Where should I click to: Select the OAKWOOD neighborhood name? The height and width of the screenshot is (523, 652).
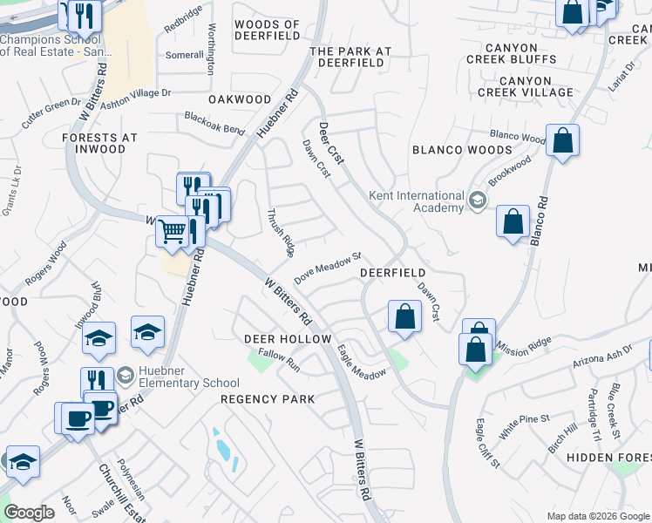pos(240,99)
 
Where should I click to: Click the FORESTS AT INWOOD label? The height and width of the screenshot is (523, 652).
pos(99,143)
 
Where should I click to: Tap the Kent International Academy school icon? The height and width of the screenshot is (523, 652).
pos(477,201)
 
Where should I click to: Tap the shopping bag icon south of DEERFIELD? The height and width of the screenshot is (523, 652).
pos(404,316)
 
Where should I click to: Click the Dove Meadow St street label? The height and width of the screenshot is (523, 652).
pos(328,268)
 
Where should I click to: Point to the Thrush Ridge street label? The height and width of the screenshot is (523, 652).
pos(280,232)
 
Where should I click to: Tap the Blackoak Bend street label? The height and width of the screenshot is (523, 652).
pos(214,122)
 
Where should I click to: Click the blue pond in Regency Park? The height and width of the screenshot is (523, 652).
pos(224,450)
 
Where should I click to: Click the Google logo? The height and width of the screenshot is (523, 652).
pos(29,513)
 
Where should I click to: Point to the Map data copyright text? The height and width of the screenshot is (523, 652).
pos(598,516)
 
